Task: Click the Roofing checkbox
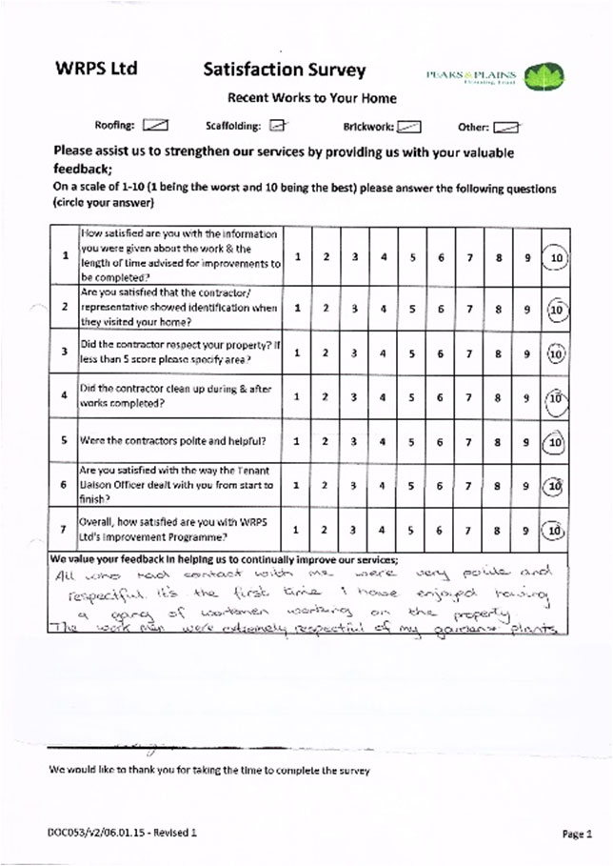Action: click(x=154, y=125)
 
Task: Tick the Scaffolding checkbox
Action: click(x=276, y=125)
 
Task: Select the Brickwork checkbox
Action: click(x=407, y=125)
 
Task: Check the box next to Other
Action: click(x=505, y=126)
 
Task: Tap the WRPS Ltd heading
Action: click(x=96, y=69)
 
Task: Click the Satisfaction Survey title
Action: click(x=284, y=70)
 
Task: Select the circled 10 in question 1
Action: click(x=556, y=257)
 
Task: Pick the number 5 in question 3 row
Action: click(x=412, y=352)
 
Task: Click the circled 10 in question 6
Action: click(x=556, y=485)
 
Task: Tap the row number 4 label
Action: click(x=64, y=395)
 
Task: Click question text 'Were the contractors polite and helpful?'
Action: click(x=172, y=441)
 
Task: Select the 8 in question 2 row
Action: click(x=498, y=308)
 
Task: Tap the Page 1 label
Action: click(x=576, y=834)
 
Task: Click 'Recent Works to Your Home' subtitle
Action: click(x=311, y=97)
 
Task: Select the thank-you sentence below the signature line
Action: click(x=209, y=770)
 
